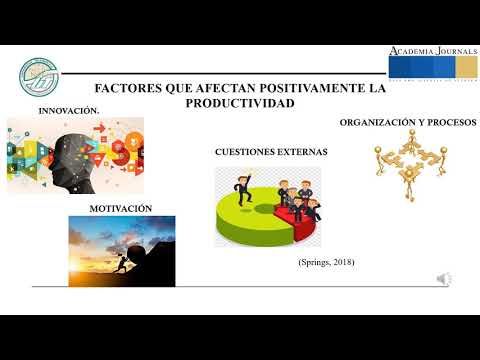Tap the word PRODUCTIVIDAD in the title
[240, 103]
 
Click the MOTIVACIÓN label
[121, 207]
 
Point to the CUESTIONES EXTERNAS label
[271, 152]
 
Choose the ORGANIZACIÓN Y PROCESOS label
[408, 122]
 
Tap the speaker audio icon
[445, 279]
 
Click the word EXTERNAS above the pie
[305, 152]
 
